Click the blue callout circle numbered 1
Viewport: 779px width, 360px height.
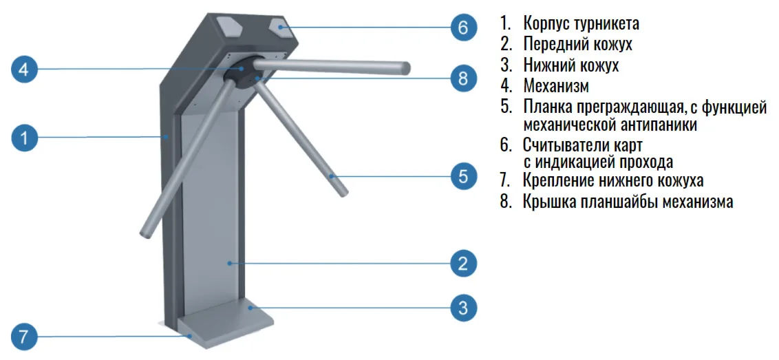click(25, 138)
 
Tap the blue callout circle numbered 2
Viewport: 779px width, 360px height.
click(463, 263)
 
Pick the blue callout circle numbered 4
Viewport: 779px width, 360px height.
click(25, 70)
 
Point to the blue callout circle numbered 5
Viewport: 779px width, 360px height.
click(463, 176)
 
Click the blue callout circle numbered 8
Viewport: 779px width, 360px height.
click(463, 79)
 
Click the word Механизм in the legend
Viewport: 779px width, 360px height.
click(556, 86)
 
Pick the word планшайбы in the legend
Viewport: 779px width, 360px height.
click(620, 202)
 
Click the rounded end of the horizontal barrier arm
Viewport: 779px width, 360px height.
click(405, 68)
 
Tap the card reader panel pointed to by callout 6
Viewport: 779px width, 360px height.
click(281, 26)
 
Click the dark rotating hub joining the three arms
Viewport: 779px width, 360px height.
click(242, 73)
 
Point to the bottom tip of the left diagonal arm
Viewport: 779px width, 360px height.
click(145, 232)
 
